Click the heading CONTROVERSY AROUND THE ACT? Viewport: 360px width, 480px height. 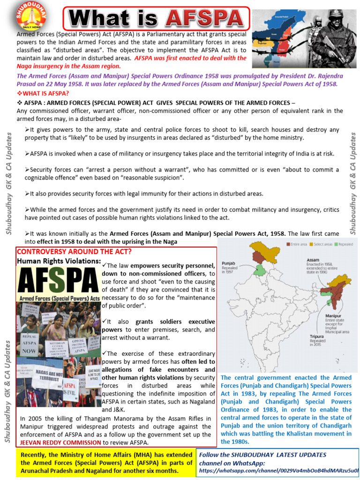pyautogui.click(x=60, y=252)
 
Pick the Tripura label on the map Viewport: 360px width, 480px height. pyautogui.click(x=317, y=336)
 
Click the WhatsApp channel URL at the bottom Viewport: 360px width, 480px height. pyautogui.click(x=278, y=470)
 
